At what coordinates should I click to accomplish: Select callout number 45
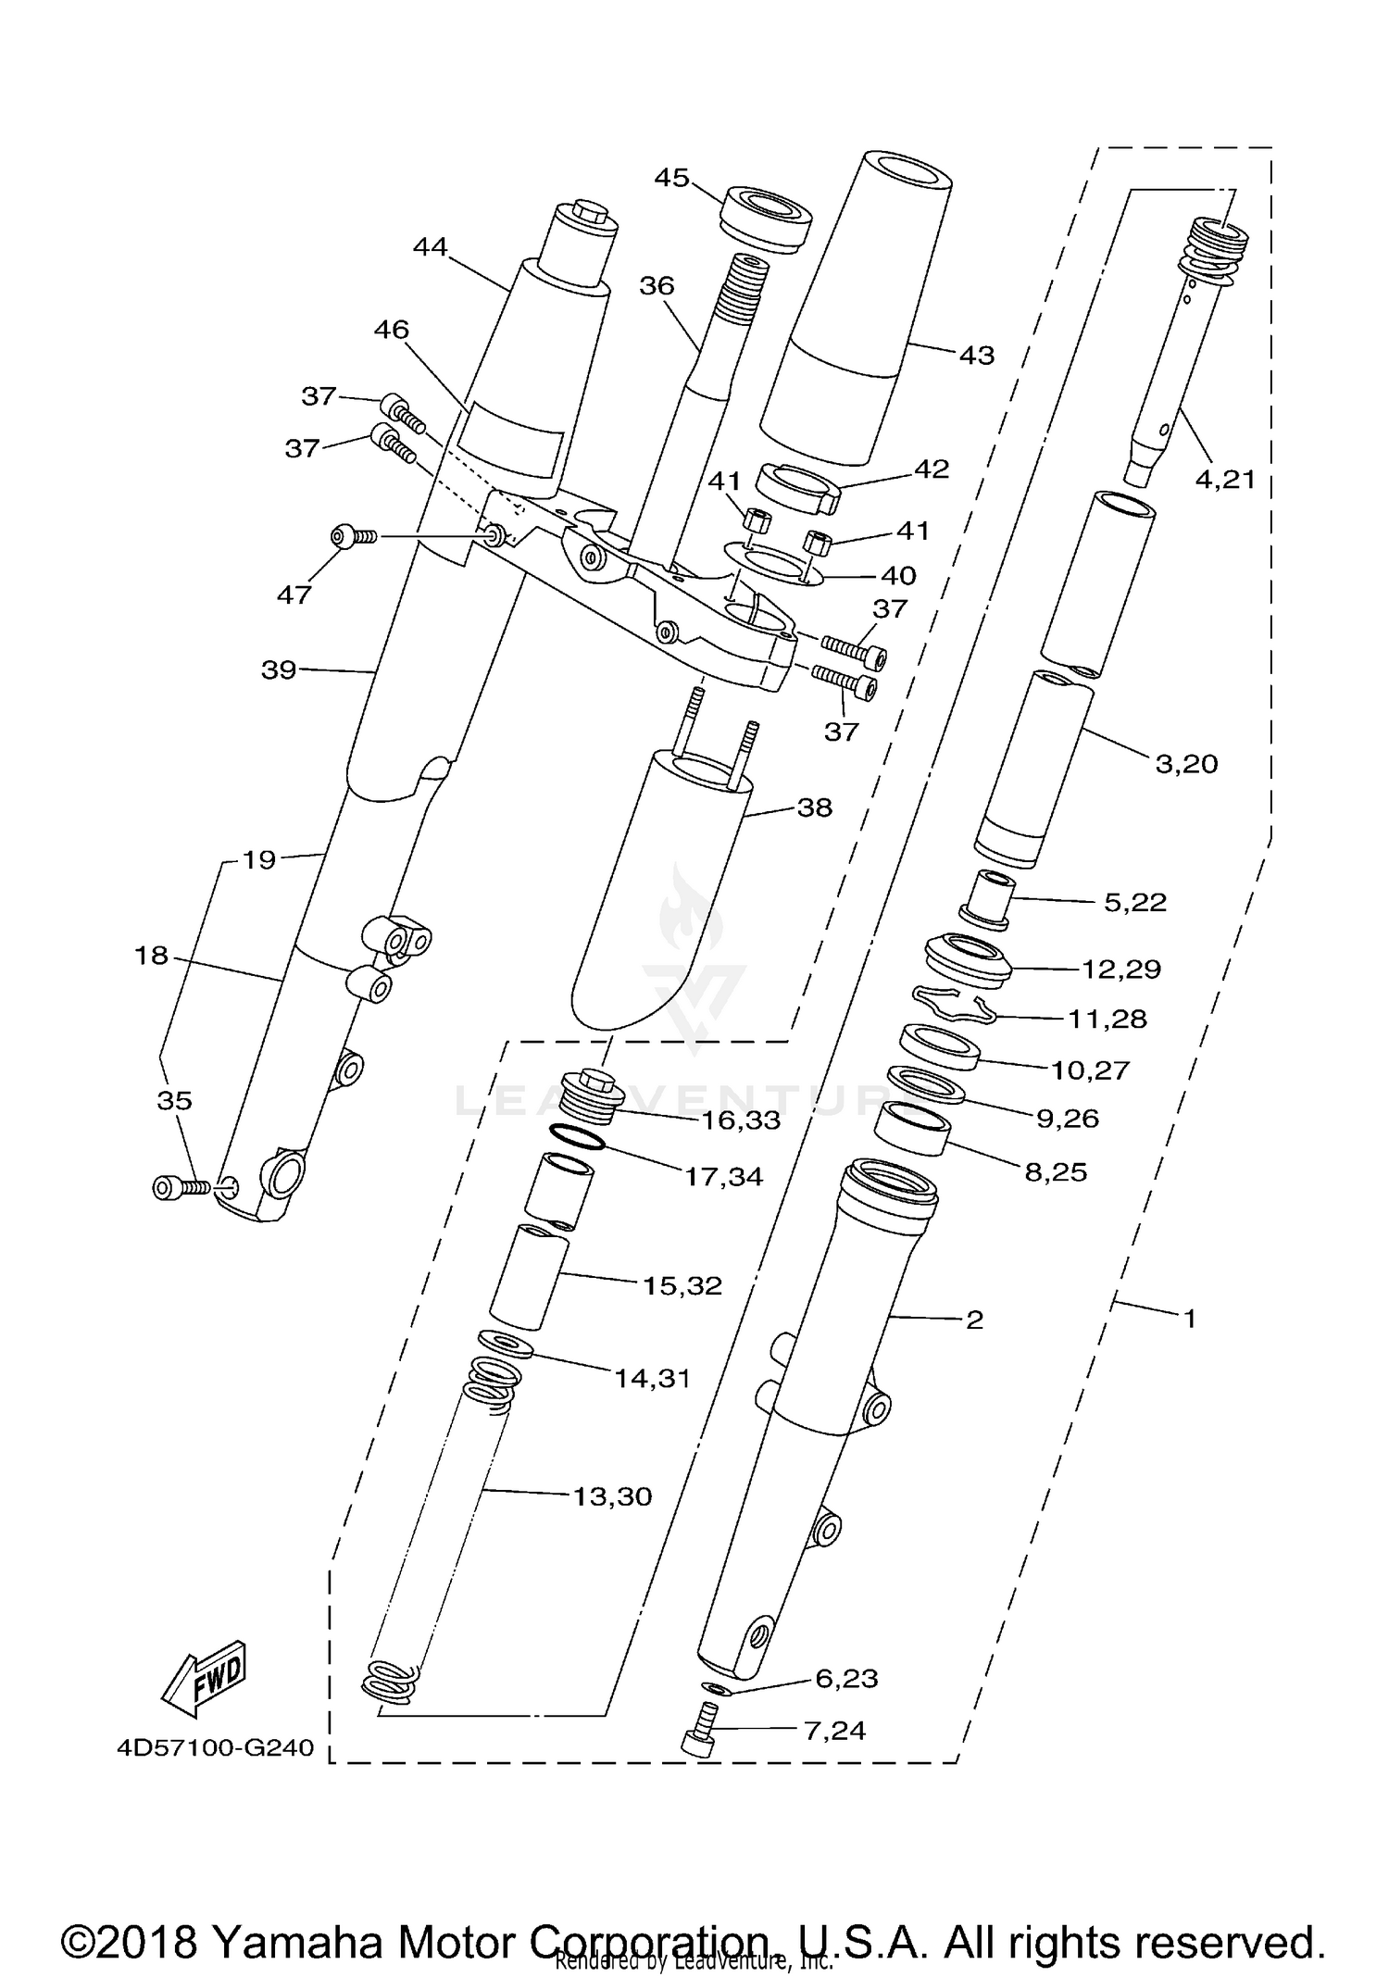click(x=671, y=177)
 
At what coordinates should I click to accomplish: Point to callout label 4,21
click(x=1225, y=479)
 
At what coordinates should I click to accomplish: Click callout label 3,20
click(x=1186, y=764)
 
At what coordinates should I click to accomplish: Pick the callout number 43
click(x=976, y=355)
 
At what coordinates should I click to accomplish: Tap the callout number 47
click(x=294, y=594)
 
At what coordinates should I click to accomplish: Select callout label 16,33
click(x=740, y=1120)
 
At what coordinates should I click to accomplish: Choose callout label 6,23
click(x=846, y=1678)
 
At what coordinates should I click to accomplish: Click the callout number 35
click(x=174, y=1100)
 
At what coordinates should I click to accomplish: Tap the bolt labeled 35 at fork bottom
click(x=180, y=1187)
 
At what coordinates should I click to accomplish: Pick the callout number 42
click(x=931, y=469)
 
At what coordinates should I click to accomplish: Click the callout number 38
click(x=814, y=807)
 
